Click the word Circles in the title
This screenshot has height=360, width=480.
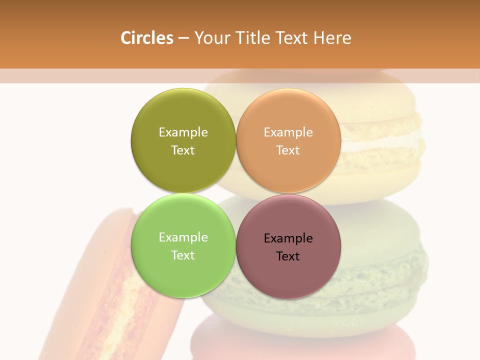pyautogui.click(x=147, y=38)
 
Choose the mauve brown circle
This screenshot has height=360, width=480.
pyautogui.click(x=288, y=275)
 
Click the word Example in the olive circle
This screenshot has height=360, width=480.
pyautogui.click(x=183, y=132)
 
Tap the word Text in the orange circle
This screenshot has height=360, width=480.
pyautogui.click(x=288, y=150)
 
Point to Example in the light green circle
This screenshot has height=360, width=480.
pyautogui.click(x=183, y=237)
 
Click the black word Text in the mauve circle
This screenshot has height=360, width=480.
pyautogui.click(x=288, y=256)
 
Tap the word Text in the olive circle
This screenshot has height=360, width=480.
pyautogui.click(x=183, y=150)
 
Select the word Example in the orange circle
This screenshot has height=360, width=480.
pyautogui.click(x=288, y=132)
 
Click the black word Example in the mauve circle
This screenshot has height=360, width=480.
pyautogui.click(x=288, y=238)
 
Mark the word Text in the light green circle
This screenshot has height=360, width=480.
pyautogui.click(x=183, y=255)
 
